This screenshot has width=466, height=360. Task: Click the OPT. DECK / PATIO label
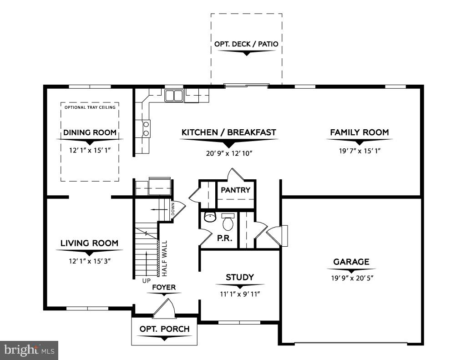tap(246, 45)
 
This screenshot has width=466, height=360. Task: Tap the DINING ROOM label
tap(90, 133)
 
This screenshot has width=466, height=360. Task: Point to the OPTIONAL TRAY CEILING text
tap(90, 107)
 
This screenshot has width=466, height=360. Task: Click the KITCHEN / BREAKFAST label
tap(228, 132)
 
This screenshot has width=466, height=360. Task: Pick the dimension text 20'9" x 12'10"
tap(228, 153)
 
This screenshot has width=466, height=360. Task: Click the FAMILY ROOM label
tap(359, 132)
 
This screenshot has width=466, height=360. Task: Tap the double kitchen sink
tap(173, 96)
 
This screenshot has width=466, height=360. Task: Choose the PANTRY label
tap(235, 190)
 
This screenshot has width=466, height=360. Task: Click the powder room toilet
tap(228, 222)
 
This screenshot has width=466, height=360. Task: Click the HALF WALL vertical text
tap(164, 258)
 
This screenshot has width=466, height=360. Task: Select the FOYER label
tap(163, 288)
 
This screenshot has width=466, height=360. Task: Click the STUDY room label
tap(240, 277)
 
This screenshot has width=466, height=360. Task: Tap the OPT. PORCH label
tap(164, 329)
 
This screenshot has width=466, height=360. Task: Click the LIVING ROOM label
tap(89, 243)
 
